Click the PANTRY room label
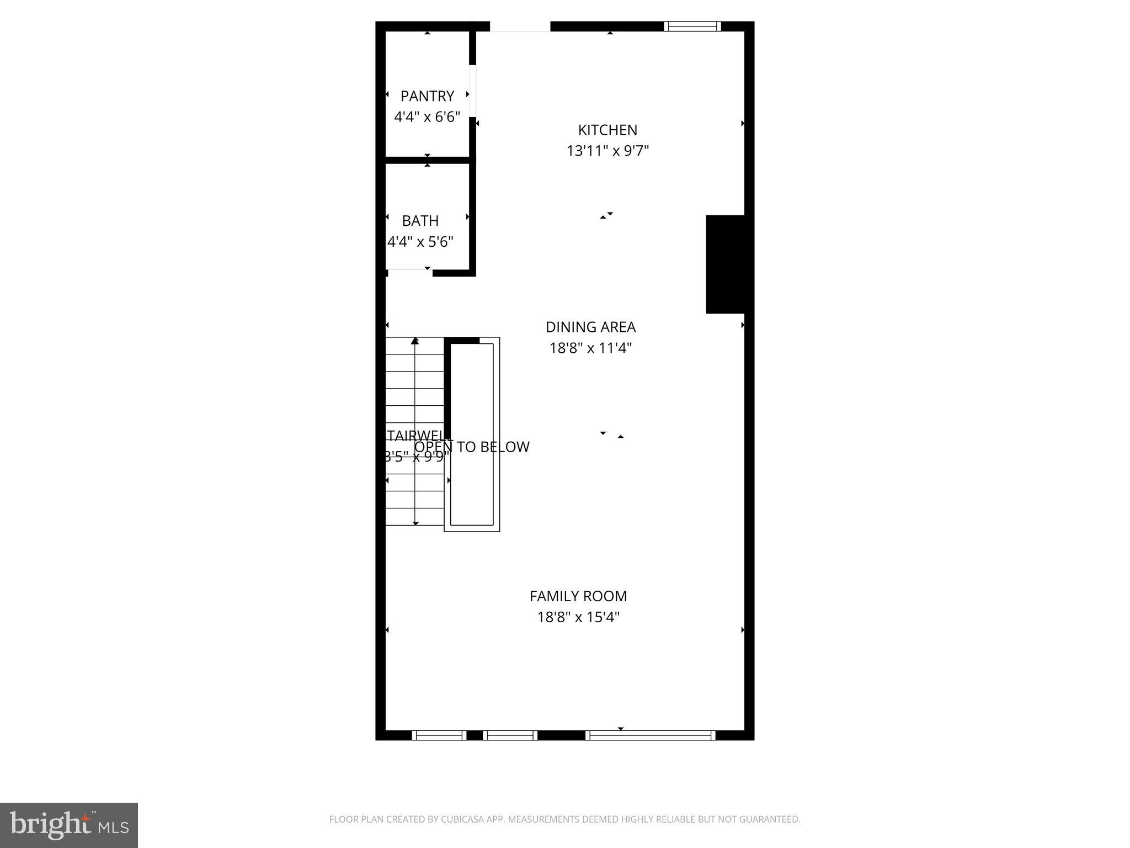(x=427, y=96)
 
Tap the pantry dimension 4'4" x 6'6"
(x=427, y=117)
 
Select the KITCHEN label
(x=607, y=130)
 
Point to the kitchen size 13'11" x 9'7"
(x=607, y=151)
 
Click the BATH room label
(x=420, y=221)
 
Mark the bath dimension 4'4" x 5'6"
(x=420, y=242)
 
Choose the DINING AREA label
(x=590, y=327)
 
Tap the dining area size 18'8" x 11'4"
(x=590, y=348)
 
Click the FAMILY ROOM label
(x=578, y=596)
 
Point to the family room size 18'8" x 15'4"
(x=578, y=617)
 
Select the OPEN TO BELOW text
(x=472, y=447)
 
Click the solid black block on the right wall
(x=726, y=264)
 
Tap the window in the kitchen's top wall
(x=692, y=26)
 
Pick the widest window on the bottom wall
(x=651, y=735)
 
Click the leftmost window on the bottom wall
(x=439, y=735)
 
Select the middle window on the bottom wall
(x=510, y=735)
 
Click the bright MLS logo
(x=69, y=825)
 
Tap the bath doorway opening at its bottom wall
(x=409, y=271)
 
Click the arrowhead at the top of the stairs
(x=415, y=341)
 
